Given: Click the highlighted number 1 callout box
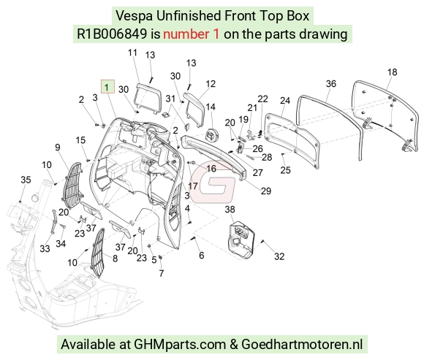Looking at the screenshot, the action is [107, 87].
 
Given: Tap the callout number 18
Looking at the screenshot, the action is [392, 72].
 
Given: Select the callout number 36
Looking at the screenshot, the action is [331, 84].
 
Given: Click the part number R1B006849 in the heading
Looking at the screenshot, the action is [112, 34].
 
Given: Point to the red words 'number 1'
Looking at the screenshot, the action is [192, 34].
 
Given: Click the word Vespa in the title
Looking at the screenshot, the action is [134, 15].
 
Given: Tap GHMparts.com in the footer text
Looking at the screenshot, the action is [180, 345].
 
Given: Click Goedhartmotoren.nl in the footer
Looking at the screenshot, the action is [302, 345].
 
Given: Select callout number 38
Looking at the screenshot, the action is [230, 210].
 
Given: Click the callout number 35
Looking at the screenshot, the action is [26, 180].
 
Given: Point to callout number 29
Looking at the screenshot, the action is [266, 191].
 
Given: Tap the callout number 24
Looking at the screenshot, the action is [285, 101].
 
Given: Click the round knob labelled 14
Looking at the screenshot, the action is [212, 135].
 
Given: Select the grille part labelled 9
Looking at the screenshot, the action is [72, 185].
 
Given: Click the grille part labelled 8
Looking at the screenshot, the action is [98, 253].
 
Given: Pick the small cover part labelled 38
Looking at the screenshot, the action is [240, 240].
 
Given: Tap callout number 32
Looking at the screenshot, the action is [279, 256].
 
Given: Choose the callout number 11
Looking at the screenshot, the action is [132, 53].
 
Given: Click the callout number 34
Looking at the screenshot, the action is [61, 244].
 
